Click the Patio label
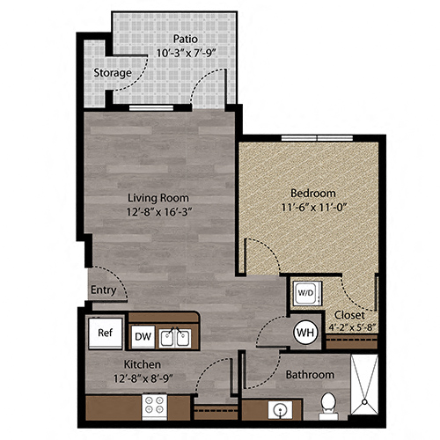pyautogui.click(x=184, y=38)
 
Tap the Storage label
pyautogui.click(x=113, y=72)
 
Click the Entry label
pyautogui.click(x=102, y=290)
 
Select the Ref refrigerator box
pyautogui.click(x=105, y=334)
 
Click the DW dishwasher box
pyautogui.click(x=143, y=335)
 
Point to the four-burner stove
pyautogui.click(x=155, y=405)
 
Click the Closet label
pyautogui.click(x=349, y=314)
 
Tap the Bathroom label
pyautogui.click(x=309, y=375)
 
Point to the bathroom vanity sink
pyautogui.click(x=280, y=409)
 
